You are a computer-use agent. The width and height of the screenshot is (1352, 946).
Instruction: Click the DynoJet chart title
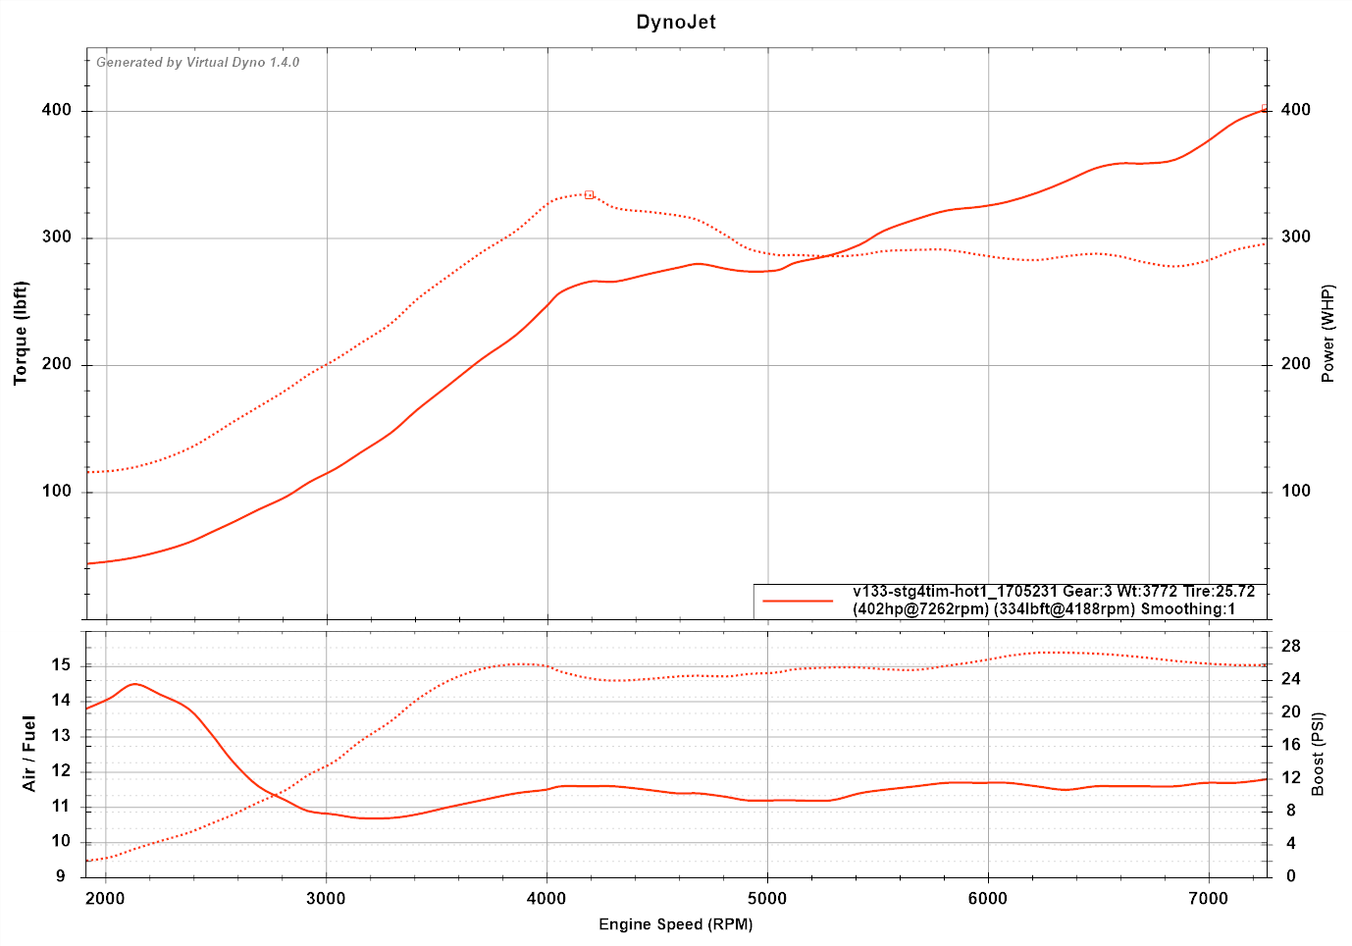[676, 22]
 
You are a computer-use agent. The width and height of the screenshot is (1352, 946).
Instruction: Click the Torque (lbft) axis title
[21, 333]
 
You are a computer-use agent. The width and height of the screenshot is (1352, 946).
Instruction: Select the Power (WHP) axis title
[1328, 334]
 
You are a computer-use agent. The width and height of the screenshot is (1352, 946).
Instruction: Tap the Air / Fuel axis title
[28, 754]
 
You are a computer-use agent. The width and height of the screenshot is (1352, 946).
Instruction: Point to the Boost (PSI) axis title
[1318, 754]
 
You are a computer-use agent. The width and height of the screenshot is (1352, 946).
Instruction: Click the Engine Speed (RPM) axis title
[676, 924]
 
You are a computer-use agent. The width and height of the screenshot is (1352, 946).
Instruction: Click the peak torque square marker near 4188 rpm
[589, 195]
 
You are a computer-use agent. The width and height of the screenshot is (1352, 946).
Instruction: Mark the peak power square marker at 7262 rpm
[1265, 109]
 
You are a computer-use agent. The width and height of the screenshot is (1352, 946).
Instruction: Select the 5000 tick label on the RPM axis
[767, 899]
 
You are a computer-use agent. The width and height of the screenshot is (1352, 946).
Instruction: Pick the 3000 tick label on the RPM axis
[326, 899]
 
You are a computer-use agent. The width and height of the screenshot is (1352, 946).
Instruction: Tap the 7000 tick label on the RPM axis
[1209, 899]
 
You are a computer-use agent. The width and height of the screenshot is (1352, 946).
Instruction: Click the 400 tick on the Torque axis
[57, 111]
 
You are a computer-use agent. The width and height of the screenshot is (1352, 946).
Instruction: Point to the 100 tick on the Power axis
[1296, 492]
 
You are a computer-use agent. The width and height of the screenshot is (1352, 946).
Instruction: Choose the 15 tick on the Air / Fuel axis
[62, 665]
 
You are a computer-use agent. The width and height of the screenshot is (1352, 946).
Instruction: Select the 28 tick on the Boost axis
[1291, 646]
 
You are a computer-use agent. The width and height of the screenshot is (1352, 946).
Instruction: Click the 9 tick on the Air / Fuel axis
[62, 876]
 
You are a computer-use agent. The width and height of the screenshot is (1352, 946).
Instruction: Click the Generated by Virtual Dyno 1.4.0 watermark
[197, 63]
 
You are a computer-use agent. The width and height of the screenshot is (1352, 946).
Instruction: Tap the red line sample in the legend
[798, 601]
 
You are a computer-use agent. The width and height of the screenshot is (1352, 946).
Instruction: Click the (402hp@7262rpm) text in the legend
[920, 609]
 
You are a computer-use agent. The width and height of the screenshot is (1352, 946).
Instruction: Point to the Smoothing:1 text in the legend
[1187, 609]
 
